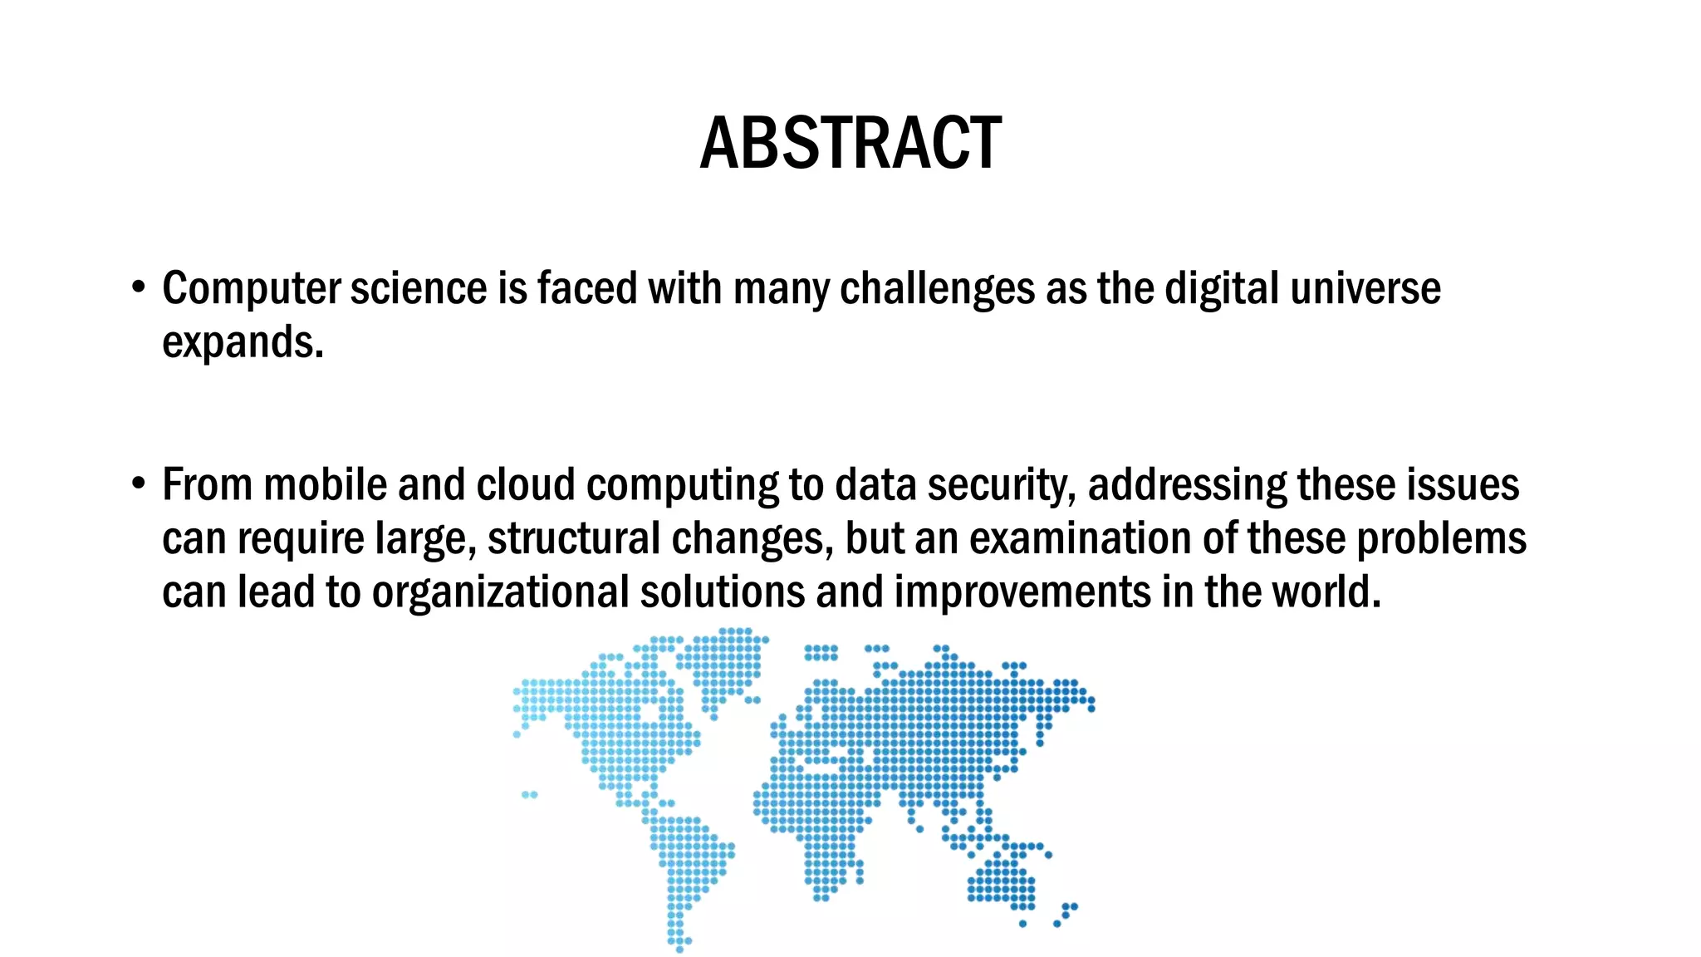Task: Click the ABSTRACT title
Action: coord(850,144)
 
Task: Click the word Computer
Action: coord(251,289)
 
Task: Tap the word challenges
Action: coord(937,289)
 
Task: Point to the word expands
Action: coord(242,342)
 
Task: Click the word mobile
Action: coord(325,485)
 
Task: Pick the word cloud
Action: coord(525,485)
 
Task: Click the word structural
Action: coord(573,538)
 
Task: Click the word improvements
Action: coord(1022,592)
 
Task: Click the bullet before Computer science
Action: coord(139,287)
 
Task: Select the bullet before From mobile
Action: coord(139,483)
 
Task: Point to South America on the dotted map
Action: coord(686,864)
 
